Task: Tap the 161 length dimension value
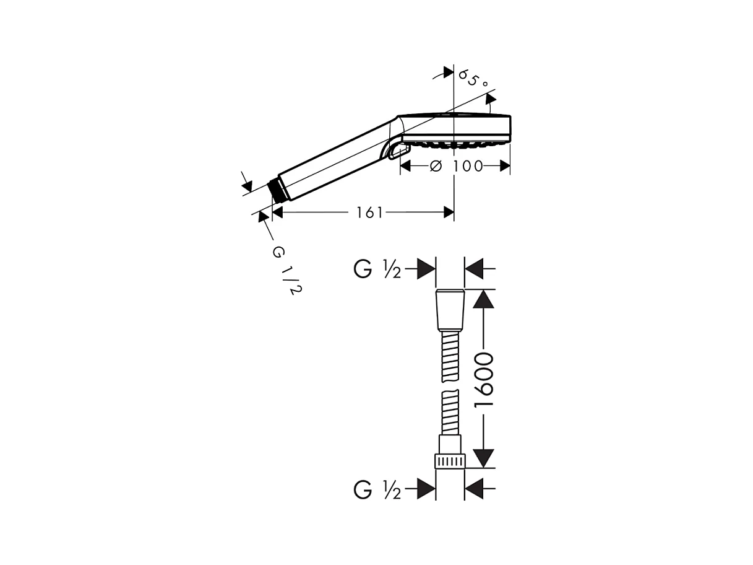coord(369,213)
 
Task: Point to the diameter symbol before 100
coord(436,166)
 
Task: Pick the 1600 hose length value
coord(483,379)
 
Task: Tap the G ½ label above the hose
coord(377,269)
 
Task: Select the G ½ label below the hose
coord(377,490)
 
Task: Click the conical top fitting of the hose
coord(450,309)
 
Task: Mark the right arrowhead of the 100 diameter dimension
coord(504,166)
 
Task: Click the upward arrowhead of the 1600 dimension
coord(484,299)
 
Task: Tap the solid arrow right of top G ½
coord(426,269)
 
